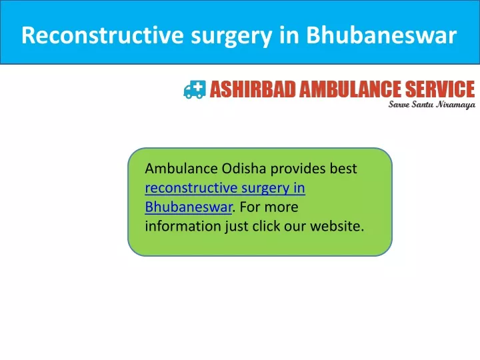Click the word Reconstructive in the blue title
tap(102, 35)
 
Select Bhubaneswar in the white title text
tap(381, 35)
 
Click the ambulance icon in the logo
tap(195, 89)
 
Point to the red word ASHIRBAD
tap(253, 89)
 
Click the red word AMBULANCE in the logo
tap(351, 89)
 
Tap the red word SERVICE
tap(440, 89)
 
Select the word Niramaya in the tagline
tap(456, 105)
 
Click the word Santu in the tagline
tap(423, 105)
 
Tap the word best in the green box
tap(343, 169)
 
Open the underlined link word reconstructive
tap(191, 188)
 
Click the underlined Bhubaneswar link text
tap(189, 207)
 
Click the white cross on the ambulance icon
tap(199, 86)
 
